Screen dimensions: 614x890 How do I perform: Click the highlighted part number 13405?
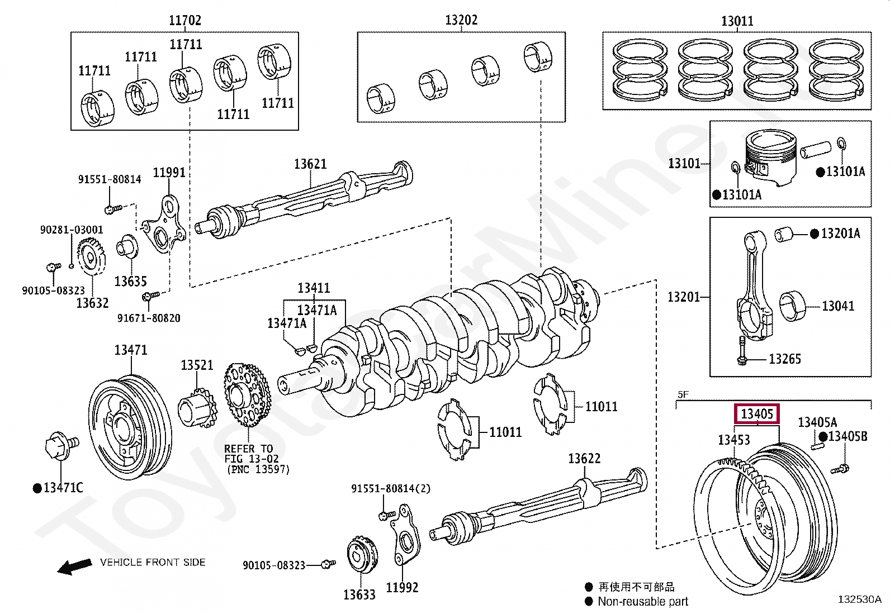(756, 414)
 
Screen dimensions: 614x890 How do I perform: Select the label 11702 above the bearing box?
(185, 21)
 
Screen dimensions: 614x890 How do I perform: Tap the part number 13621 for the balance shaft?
(310, 164)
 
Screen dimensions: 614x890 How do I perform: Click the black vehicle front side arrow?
(74, 567)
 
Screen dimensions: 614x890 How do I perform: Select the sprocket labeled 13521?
(197, 411)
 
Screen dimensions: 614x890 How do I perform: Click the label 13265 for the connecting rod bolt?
(784, 359)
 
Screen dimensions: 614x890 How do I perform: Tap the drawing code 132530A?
(859, 599)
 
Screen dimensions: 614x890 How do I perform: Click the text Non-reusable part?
(642, 602)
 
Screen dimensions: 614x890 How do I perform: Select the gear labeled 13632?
(91, 257)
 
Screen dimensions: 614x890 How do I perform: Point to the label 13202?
(461, 20)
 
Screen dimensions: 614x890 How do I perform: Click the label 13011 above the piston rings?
(737, 21)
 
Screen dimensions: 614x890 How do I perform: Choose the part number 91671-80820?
(149, 318)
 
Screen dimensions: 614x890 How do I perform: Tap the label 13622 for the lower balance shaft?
(584, 459)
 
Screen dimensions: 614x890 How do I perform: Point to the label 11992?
(402, 587)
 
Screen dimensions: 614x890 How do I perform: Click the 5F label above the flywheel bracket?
(683, 394)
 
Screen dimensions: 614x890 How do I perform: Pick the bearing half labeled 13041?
(792, 306)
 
